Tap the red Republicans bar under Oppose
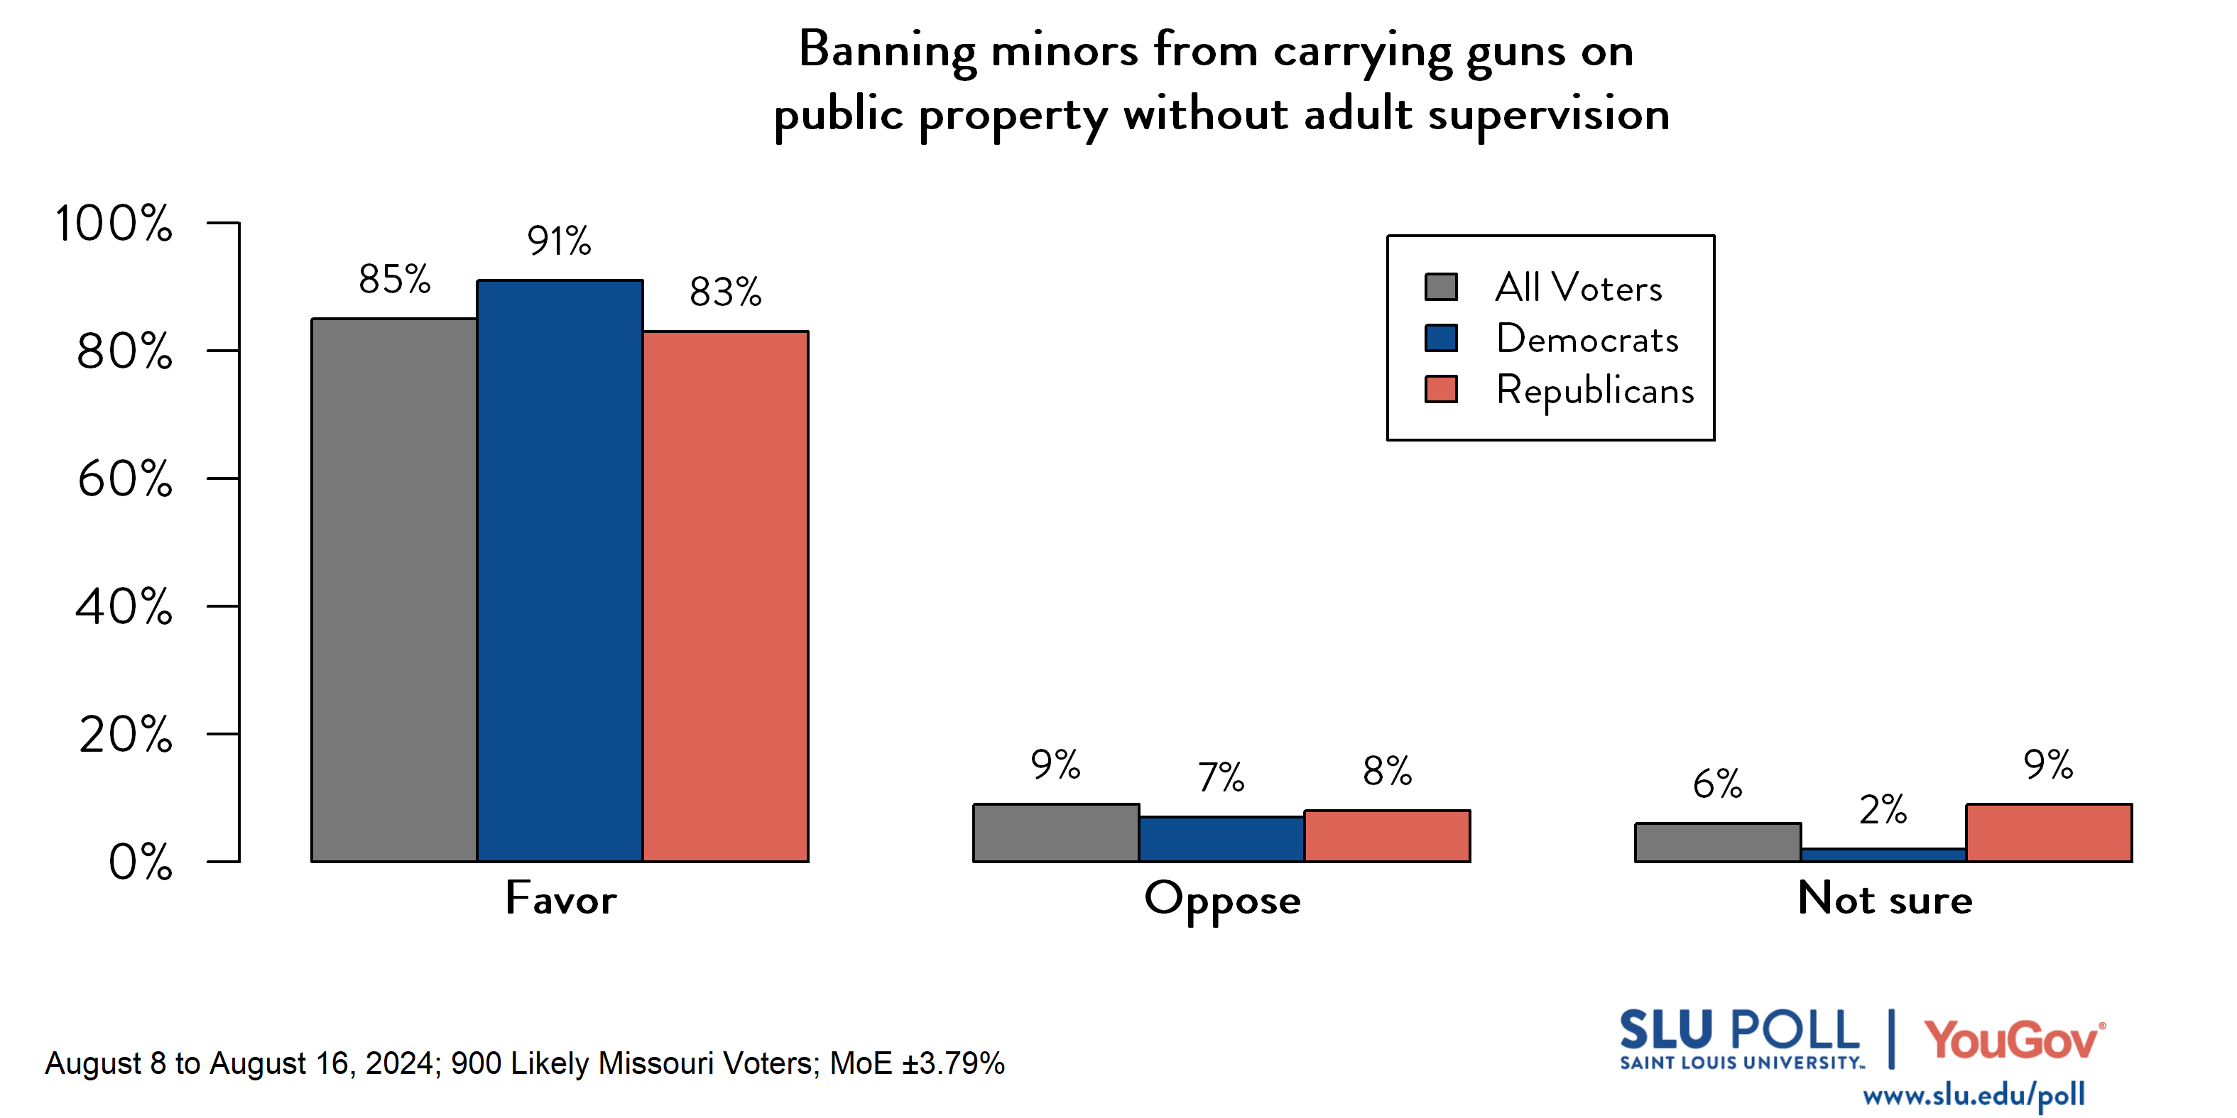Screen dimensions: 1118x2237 [1386, 836]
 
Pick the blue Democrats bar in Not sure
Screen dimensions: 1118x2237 [1883, 855]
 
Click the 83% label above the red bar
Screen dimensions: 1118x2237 [725, 292]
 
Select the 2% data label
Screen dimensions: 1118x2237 [1882, 810]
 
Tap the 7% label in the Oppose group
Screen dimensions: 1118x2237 [1220, 778]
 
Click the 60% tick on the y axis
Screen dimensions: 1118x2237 [125, 479]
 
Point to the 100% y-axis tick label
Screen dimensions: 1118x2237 [114, 223]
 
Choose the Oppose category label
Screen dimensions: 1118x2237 [1222, 899]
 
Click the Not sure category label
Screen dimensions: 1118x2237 [1885, 899]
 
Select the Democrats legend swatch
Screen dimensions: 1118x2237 [1441, 338]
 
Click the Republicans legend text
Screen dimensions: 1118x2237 [1594, 390]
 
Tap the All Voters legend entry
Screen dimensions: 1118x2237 [1578, 287]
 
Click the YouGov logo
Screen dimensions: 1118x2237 [2013, 1040]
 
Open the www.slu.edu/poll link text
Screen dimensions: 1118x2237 [1973, 1095]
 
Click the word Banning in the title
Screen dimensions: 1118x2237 [887, 50]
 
